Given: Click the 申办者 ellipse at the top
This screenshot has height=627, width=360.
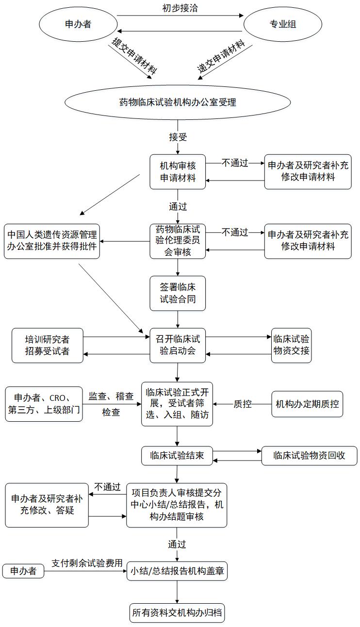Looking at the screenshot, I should (78, 24).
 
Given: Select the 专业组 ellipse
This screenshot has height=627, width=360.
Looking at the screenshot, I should (282, 24).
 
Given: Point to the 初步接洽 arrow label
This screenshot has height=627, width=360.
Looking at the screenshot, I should (180, 8).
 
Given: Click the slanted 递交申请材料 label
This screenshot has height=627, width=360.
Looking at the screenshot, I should (221, 57).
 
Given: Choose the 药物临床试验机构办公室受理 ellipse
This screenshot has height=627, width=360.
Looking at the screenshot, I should (178, 102).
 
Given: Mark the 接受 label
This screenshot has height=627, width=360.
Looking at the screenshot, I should (178, 137).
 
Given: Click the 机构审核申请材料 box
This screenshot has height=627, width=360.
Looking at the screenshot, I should (178, 171).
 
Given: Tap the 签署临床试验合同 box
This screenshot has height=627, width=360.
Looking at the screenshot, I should (178, 293).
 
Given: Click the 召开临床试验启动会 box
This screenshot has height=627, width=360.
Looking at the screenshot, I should (178, 345).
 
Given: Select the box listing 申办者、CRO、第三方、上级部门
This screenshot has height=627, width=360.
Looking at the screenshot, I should (44, 404).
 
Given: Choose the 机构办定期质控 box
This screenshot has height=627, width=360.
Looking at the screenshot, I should (307, 404).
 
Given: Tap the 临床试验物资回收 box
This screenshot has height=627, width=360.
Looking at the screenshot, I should (310, 456).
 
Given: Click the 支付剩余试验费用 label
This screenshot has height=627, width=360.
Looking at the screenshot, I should (87, 564).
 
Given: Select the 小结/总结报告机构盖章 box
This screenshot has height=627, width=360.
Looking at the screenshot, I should (177, 571).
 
